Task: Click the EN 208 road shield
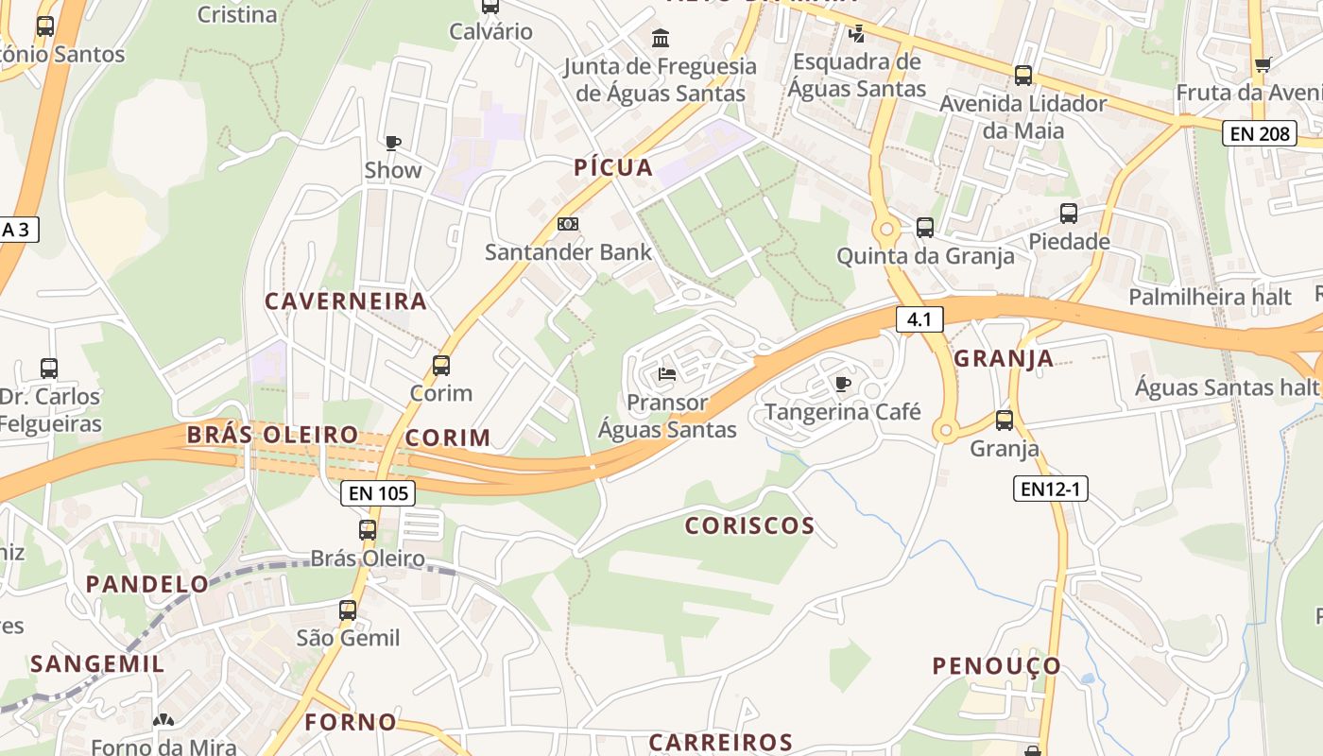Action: coord(1260,133)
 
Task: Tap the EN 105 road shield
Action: coord(378,492)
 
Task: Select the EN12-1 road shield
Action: coord(1051,489)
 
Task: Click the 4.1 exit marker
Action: coord(919,319)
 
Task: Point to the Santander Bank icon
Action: coord(567,224)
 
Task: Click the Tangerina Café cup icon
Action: coord(842,384)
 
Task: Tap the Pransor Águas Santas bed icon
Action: coord(667,374)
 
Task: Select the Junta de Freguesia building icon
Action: coord(661,39)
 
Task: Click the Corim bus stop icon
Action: coord(440,365)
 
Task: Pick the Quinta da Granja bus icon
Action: coord(924,228)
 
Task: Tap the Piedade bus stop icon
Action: coord(1068,214)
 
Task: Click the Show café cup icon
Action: coord(393,143)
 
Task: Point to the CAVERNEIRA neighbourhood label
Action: coord(346,301)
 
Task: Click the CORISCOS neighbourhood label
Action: coord(749,526)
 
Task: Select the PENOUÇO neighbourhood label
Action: coord(997,666)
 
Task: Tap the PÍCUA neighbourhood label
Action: coord(613,168)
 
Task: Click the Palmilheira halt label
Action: coord(1210,297)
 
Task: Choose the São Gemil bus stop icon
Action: coord(348,610)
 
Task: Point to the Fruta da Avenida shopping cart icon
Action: coord(1263,64)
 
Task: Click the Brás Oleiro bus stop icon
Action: coord(368,530)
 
